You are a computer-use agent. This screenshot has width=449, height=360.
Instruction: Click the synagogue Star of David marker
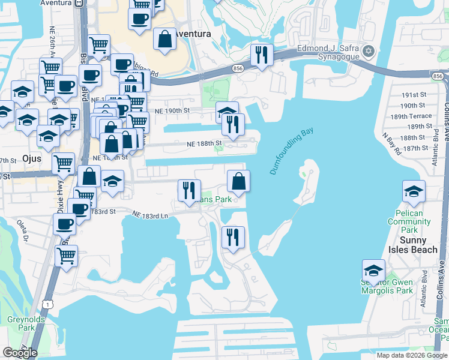click(x=369, y=52)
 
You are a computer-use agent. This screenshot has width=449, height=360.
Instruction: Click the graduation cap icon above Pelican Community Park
click(x=414, y=192)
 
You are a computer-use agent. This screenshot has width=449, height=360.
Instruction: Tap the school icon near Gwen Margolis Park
click(x=373, y=271)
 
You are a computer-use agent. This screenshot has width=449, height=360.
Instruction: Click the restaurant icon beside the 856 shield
click(x=262, y=55)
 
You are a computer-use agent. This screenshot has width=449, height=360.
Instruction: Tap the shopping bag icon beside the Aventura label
click(x=164, y=40)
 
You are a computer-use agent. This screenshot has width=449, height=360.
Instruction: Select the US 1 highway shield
click(x=46, y=305)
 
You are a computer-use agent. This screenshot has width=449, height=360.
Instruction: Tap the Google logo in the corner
click(x=20, y=353)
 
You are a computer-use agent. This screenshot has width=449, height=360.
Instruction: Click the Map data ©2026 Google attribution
click(x=412, y=355)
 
